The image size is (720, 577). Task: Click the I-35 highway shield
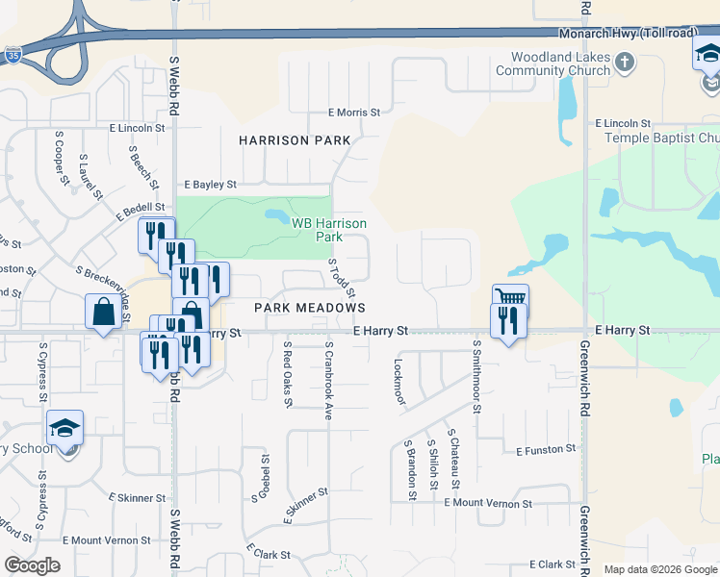pos(13,55)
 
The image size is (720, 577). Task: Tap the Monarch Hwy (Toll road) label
pos(628,33)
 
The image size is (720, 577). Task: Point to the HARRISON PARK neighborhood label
pos(295,140)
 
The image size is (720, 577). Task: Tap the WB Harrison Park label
pos(329,229)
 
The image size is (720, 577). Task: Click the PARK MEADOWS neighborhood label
pos(309,308)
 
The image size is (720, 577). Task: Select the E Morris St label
pos(353,113)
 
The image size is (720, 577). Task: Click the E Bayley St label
pos(210,184)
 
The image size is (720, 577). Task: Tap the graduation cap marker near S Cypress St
pos(65,427)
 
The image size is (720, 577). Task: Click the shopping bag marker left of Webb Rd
pos(103,313)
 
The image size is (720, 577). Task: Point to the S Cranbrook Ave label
pos(328,380)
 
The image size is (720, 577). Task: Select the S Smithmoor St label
pos(476,375)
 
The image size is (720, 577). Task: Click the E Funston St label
pos(546,450)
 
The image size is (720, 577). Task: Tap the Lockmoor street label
pos(399,382)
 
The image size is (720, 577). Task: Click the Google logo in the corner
pos(32,564)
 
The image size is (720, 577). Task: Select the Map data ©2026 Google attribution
pos(660,569)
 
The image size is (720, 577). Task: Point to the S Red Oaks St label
pos(287,377)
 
